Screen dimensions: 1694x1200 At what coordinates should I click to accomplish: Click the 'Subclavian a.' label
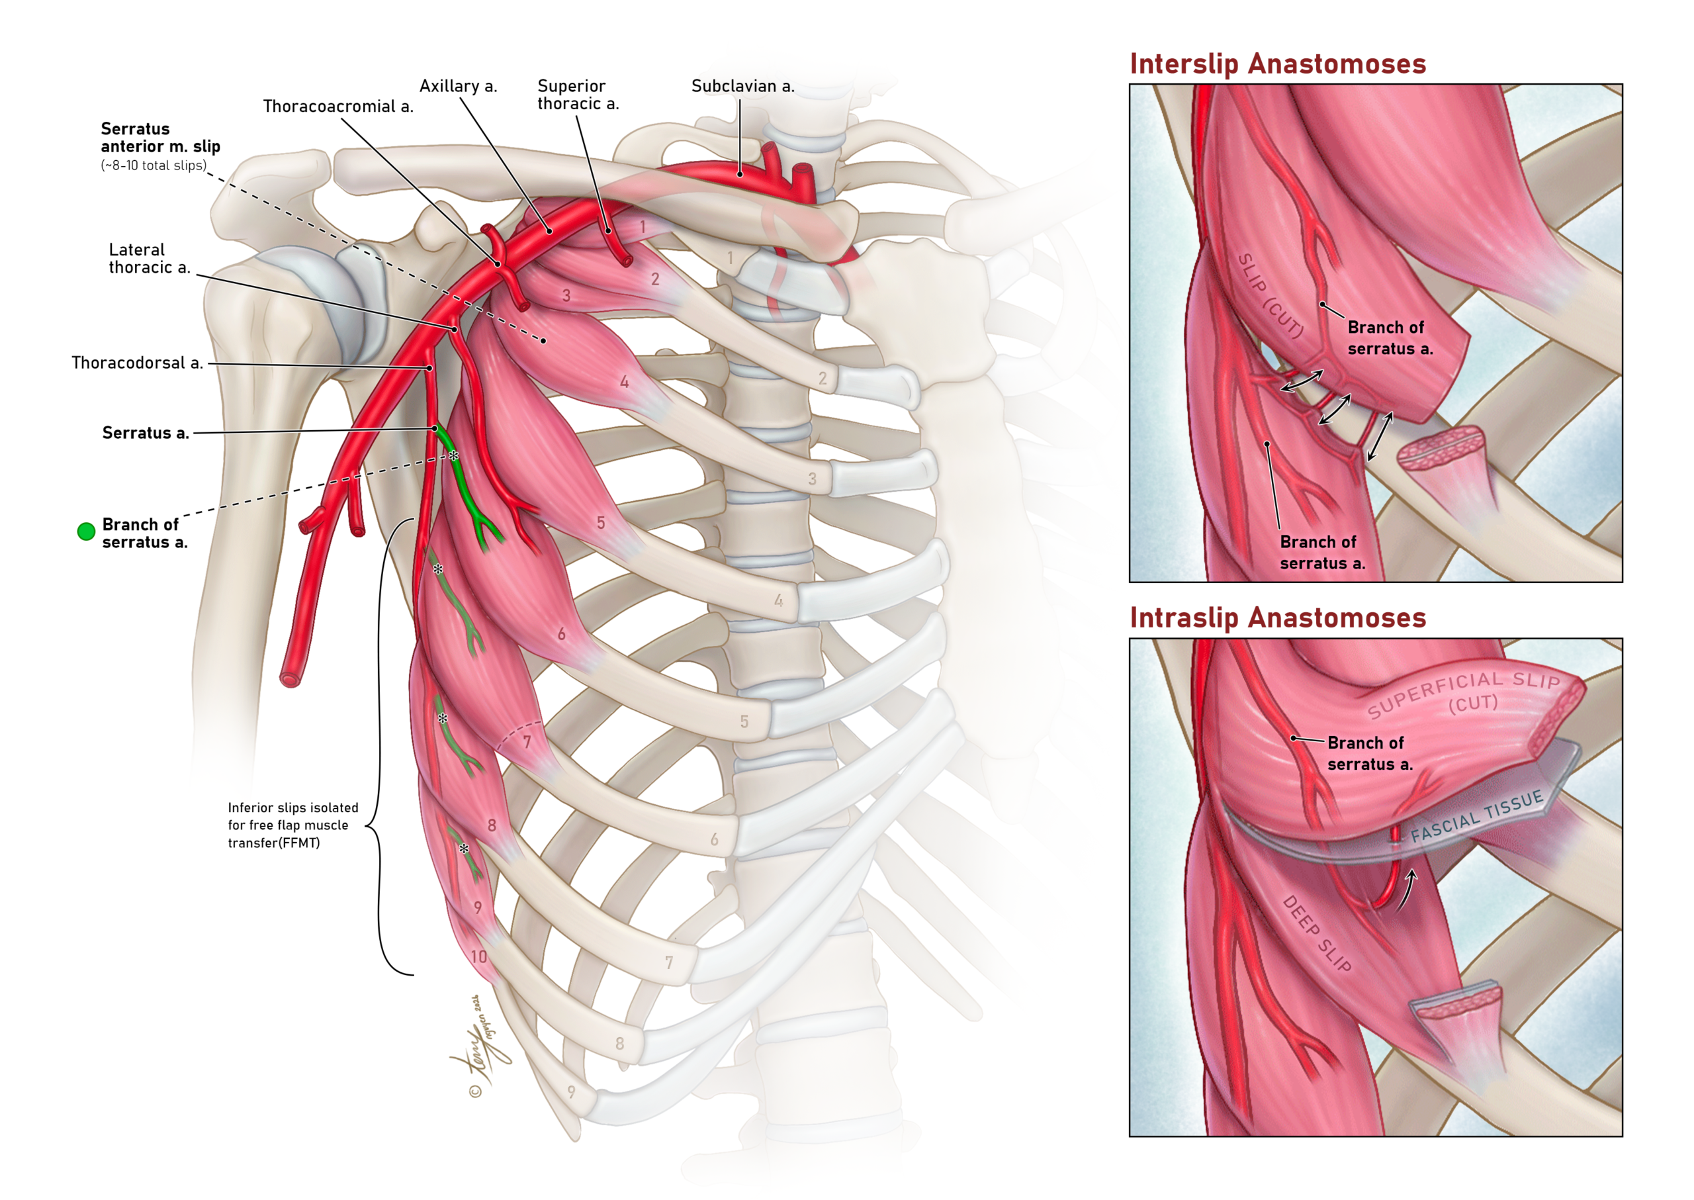coord(742,86)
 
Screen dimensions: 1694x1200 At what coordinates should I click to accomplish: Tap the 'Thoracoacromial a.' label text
coord(337,107)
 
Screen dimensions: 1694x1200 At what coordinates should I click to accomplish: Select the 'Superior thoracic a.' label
coord(578,95)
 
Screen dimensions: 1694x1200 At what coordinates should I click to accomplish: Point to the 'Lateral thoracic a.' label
coord(150,259)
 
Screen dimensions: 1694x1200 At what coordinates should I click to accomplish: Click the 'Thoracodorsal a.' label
coord(137,363)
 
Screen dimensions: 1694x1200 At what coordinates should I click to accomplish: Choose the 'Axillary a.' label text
coord(458,86)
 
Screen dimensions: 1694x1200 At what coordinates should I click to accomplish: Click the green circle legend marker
coord(87,531)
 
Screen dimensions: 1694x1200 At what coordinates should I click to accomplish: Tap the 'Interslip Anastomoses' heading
coord(1278,64)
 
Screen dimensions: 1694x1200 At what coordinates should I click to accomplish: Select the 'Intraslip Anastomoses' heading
coord(1278,618)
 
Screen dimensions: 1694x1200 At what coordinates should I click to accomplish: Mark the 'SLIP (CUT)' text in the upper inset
coord(1270,296)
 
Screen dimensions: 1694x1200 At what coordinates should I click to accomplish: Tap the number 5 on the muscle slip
coord(601,523)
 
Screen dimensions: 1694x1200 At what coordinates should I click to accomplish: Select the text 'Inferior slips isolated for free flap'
coord(292,817)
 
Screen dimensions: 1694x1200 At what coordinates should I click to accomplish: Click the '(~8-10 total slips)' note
coord(154,165)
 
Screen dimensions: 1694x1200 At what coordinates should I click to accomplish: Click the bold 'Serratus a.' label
coord(146,433)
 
